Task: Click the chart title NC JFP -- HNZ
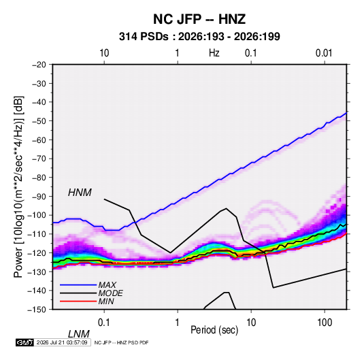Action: tap(199, 19)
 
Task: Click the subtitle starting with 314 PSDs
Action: tap(199, 37)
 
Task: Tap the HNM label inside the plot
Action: tap(80, 193)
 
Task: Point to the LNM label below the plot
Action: tap(79, 334)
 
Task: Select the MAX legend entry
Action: tap(107, 284)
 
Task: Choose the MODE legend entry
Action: tap(110, 293)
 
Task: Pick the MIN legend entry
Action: tap(106, 301)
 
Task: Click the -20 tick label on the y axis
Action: tap(39, 65)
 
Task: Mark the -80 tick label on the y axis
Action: tap(39, 178)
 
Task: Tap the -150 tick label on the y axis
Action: tap(37, 310)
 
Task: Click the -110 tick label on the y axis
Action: tap(37, 234)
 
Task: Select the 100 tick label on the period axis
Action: tap(325, 323)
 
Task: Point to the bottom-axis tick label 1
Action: tap(177, 323)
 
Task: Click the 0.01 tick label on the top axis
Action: tap(324, 53)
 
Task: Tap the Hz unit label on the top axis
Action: tap(214, 53)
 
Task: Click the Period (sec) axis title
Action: tap(214, 330)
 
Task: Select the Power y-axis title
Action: tap(18, 186)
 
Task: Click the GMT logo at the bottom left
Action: tap(24, 342)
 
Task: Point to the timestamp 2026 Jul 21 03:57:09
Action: tap(62, 342)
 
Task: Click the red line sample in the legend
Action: tap(78, 301)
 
